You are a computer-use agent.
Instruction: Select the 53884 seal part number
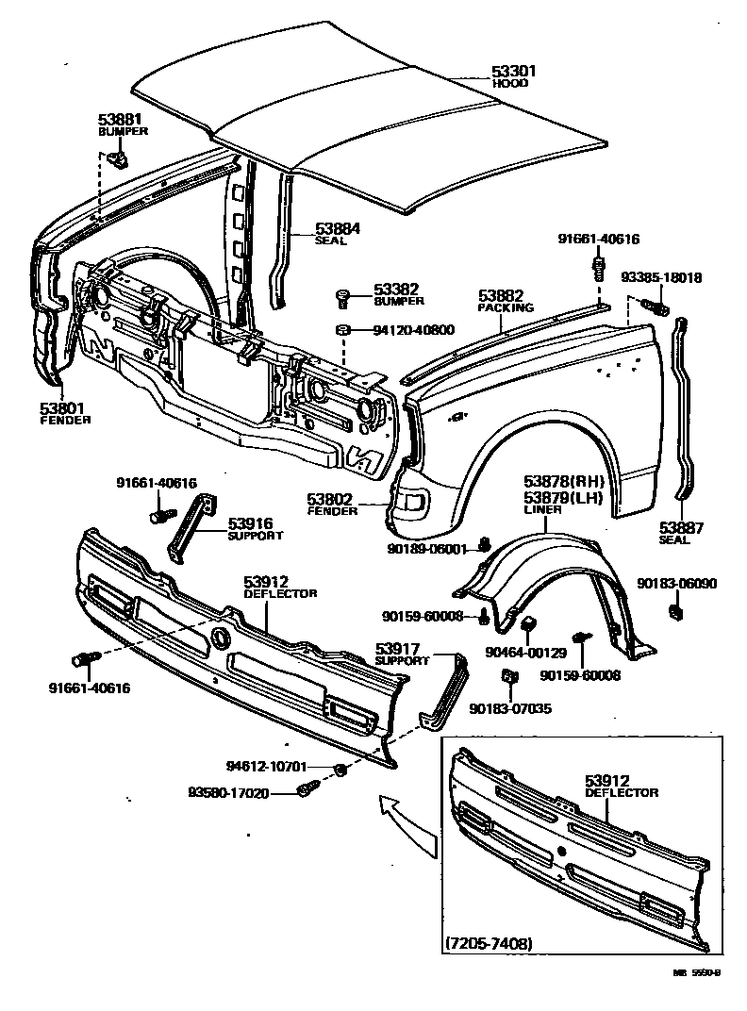pyautogui.click(x=338, y=228)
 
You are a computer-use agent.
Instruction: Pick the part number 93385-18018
pyautogui.click(x=661, y=278)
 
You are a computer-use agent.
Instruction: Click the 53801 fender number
pyautogui.click(x=62, y=407)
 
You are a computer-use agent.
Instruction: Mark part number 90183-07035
pyautogui.click(x=510, y=708)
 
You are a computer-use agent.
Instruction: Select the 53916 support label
pyautogui.click(x=251, y=522)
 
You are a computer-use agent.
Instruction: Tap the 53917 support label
pyautogui.click(x=401, y=649)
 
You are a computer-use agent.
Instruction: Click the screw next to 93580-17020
pyautogui.click(x=307, y=789)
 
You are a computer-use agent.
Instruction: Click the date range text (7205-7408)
pyautogui.click(x=488, y=943)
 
